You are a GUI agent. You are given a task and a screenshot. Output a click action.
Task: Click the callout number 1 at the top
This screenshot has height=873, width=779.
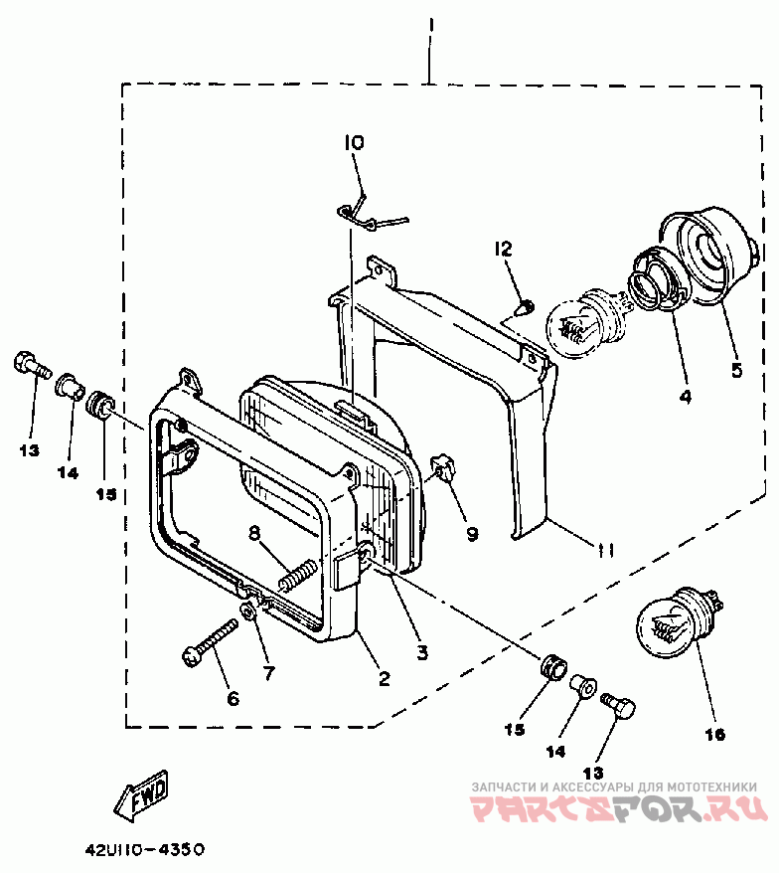click(430, 23)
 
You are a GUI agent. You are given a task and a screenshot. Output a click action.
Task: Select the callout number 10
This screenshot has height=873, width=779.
click(355, 143)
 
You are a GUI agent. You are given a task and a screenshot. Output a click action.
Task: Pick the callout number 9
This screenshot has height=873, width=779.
click(471, 534)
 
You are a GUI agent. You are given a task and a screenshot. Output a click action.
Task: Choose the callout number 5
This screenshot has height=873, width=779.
click(736, 370)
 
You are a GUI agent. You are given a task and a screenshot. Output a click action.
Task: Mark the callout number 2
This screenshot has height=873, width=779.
click(384, 679)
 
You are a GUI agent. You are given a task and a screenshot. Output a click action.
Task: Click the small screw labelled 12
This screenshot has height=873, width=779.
click(528, 305)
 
